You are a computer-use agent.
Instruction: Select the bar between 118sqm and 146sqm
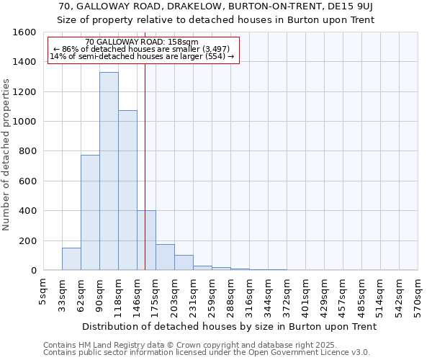(x=127, y=190)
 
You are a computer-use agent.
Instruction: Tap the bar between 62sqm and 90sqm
(x=90, y=212)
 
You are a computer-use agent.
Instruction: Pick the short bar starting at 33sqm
(x=71, y=259)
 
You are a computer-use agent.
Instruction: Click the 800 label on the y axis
(x=27, y=151)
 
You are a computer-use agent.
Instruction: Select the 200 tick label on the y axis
(x=27, y=240)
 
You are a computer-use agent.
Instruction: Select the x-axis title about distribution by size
(x=230, y=326)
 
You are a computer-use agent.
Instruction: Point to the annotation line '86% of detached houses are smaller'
(x=141, y=49)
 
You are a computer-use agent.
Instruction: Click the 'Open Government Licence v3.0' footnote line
(x=206, y=353)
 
